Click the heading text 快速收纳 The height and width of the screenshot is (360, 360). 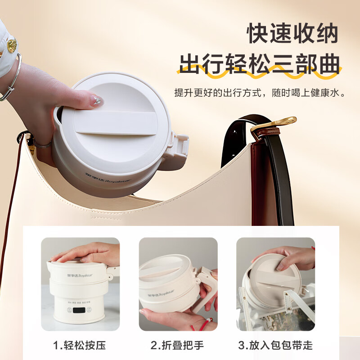pyautogui.click(x=292, y=33)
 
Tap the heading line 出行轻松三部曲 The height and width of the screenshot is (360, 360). pyautogui.click(x=260, y=64)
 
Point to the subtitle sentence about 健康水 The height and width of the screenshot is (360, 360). pyautogui.click(x=260, y=93)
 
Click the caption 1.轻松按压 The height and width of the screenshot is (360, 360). pyautogui.click(x=80, y=345)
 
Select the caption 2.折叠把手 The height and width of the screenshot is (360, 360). pyautogui.click(x=177, y=345)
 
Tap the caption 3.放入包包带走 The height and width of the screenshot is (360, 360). pyautogui.click(x=275, y=345)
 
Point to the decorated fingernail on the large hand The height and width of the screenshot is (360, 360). pyautogui.click(x=97, y=100)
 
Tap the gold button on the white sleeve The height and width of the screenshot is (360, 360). pyautogui.click(x=12, y=45)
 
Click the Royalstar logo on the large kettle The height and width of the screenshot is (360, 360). pyautogui.click(x=108, y=178)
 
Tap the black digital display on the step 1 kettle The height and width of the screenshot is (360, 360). pyautogui.click(x=79, y=310)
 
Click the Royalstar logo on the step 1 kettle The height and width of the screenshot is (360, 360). pyautogui.click(x=80, y=275)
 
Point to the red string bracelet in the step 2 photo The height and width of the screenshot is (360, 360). pyautogui.click(x=203, y=324)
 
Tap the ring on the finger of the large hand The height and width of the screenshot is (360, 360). pyautogui.click(x=43, y=144)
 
